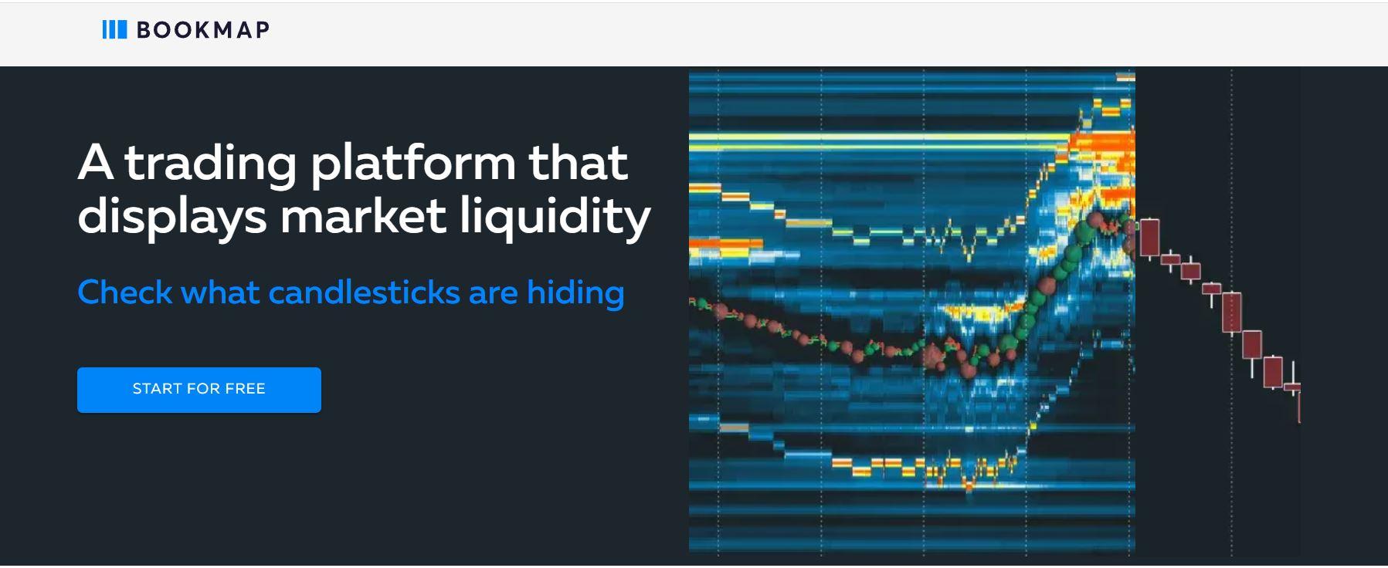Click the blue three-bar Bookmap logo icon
click(114, 30)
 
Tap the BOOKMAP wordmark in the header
click(203, 30)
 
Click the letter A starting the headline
click(95, 163)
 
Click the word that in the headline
click(579, 162)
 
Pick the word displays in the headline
click(172, 218)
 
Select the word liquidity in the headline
click(555, 218)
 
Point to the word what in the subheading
click(220, 292)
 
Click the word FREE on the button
click(245, 389)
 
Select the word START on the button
click(158, 389)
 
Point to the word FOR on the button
click(204, 389)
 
